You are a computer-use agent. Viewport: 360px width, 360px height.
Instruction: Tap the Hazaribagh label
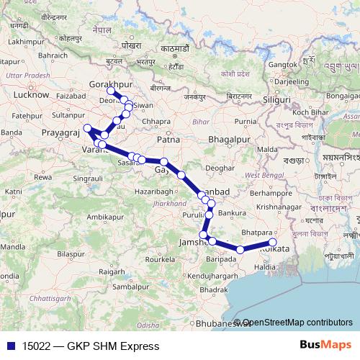pyautogui.click(x=153, y=192)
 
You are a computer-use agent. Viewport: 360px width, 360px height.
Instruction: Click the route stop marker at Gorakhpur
pyautogui.click(x=110, y=91)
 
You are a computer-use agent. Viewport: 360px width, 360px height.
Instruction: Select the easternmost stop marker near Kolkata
pyautogui.click(x=272, y=243)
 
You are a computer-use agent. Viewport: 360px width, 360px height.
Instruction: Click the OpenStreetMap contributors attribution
pyautogui.click(x=297, y=322)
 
